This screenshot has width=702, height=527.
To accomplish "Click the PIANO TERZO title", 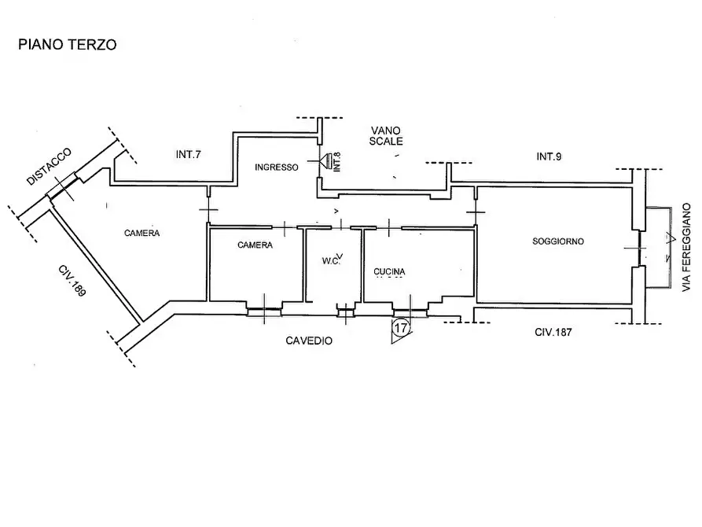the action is coord(67,44).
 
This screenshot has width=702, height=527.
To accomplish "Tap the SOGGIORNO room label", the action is coord(558,241).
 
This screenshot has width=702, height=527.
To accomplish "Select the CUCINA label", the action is coord(389,271).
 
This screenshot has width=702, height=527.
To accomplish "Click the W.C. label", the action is coord(331,261).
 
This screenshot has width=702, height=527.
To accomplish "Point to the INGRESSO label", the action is coord(276,168).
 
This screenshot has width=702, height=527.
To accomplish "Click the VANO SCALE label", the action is coord(385,136).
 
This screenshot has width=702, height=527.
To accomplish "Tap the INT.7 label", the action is coord(188,154).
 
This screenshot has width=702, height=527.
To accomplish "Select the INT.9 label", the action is coord(549,157).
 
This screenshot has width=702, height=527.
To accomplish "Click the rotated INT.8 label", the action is coord(337,162).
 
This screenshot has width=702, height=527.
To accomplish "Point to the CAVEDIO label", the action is coord(309,341).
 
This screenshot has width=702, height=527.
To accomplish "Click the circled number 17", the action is coord(401,327).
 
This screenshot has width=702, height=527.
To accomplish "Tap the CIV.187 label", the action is coord(553,332).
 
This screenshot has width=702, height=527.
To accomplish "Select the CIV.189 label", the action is coord(72,281).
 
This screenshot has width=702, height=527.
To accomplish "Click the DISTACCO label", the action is coord(49,166).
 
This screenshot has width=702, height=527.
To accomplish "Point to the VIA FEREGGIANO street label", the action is coord(685,248).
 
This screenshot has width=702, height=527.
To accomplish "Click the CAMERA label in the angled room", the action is coord(142,233).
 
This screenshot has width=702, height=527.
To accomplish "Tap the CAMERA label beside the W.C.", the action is coord(255,245).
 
